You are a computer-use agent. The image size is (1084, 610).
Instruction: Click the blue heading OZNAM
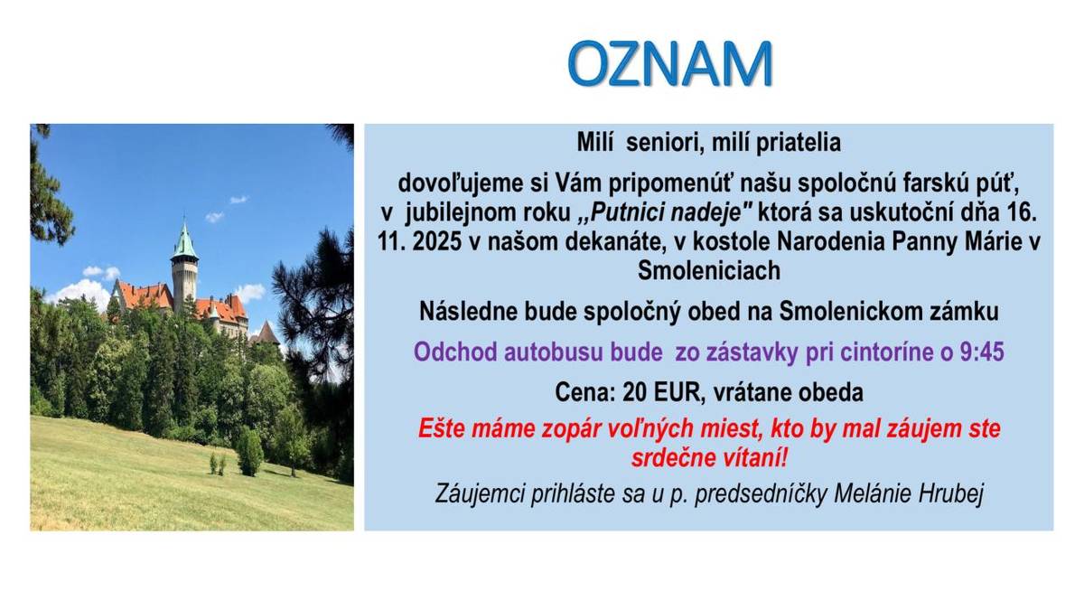pos(669,63)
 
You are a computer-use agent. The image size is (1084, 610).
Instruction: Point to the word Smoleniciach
pos(708,270)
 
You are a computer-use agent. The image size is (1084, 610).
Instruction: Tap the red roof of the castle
pos(145,295)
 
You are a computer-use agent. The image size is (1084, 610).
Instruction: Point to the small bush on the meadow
pos(248,451)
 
